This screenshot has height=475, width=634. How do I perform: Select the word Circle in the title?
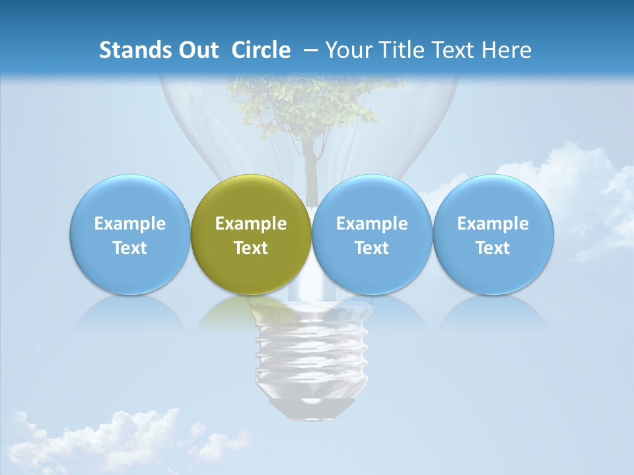coord(261,50)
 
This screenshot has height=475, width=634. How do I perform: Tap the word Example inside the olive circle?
coord(251,224)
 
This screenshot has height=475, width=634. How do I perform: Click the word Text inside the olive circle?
coord(251,248)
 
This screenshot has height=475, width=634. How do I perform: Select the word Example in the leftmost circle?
coord(129,224)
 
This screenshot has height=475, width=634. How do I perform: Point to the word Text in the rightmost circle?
coord(493,248)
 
